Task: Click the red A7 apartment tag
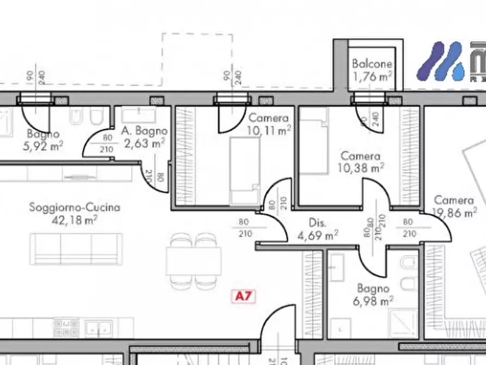244,296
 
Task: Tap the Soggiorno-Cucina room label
75,208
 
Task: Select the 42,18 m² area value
75,220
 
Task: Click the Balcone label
372,63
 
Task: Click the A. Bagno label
144,131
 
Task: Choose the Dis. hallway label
317,223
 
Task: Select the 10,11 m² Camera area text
268,130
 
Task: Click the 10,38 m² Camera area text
361,168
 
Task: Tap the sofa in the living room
76,249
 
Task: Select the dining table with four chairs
193,261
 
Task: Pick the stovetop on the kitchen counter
66,327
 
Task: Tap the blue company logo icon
439,61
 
